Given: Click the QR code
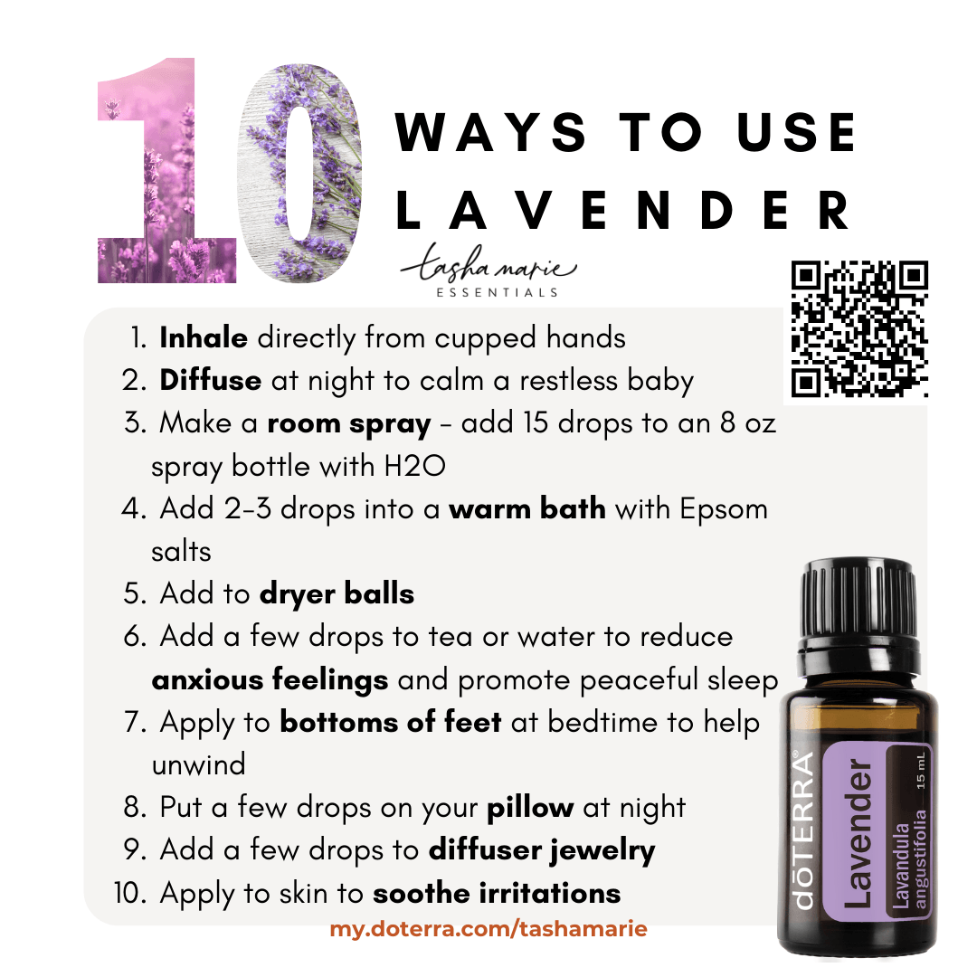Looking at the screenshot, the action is [x=860, y=329].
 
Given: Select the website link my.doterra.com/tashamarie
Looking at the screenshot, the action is [x=488, y=929].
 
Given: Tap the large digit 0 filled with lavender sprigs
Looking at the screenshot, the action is [x=300, y=173].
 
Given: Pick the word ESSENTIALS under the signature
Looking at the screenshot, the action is [x=497, y=292].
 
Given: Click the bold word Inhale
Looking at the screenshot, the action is [x=204, y=337].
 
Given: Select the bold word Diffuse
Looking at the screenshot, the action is [x=211, y=380].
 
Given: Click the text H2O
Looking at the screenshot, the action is [x=415, y=466].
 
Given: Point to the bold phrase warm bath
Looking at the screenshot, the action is [x=527, y=508].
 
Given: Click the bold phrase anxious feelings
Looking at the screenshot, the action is [x=270, y=680].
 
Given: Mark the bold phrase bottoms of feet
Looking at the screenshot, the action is [x=391, y=722].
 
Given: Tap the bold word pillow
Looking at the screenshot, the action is [x=530, y=808].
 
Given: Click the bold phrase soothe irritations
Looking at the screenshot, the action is [x=497, y=894].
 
